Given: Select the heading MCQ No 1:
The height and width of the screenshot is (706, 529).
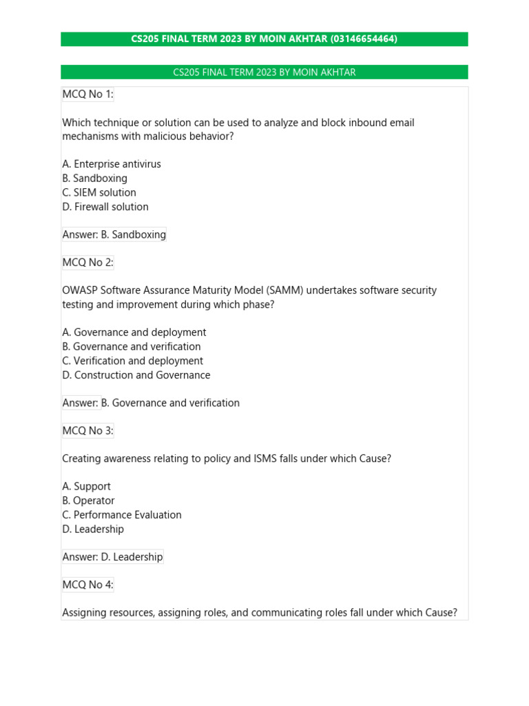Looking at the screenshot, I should pos(87,94).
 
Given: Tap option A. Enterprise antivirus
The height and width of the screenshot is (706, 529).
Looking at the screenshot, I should pos(112,164).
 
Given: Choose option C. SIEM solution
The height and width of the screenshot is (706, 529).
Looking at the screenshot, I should pos(99,192).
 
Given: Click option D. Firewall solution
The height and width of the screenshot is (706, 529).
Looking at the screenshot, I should pos(105,207).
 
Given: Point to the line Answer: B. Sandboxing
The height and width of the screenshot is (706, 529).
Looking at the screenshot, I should pos(114,234).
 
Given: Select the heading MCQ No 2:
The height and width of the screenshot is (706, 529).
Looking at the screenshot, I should pos(87,263).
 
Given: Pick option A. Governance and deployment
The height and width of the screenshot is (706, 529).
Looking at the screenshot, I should pos(134,332).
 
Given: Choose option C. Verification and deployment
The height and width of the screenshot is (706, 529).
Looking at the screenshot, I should pos(133,361).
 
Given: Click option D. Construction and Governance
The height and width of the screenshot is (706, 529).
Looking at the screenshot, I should pos(136,375).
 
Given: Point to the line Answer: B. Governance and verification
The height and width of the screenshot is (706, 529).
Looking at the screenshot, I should pos(151,403).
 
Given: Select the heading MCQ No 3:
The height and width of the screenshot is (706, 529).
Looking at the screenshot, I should pos(87,431).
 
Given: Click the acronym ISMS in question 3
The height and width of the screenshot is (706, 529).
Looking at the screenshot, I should pos(264,458).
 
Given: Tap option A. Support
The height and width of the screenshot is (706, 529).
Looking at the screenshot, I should pos(86,487).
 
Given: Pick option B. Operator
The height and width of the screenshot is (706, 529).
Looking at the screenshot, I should pos(88,501).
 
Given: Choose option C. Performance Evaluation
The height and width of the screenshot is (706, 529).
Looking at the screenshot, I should pos(122,515).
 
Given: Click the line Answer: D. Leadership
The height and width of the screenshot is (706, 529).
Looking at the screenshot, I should pos(113,556).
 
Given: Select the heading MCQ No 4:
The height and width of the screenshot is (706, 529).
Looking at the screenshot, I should pos(87,585).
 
